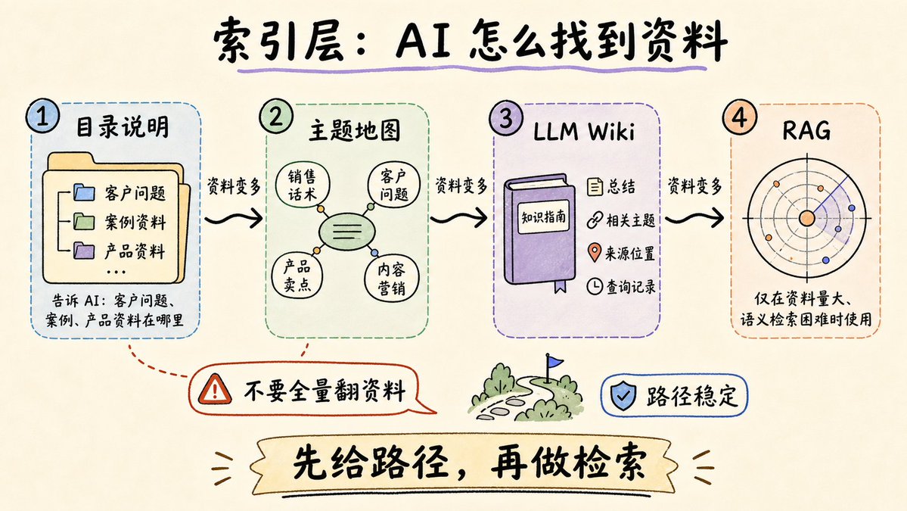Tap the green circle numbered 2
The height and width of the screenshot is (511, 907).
[x=276, y=117]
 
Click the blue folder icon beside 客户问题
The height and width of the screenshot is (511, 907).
[x=84, y=192]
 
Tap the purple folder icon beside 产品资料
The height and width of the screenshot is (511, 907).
[x=84, y=250]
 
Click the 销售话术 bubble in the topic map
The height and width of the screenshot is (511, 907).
[x=302, y=185]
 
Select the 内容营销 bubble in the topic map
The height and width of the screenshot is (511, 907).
[x=391, y=279]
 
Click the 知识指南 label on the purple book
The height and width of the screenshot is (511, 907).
[x=543, y=217]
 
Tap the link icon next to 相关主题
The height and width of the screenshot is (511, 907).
[x=595, y=220]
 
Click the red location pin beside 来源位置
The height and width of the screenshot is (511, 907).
[x=594, y=253]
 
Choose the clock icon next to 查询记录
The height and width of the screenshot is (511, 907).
[x=595, y=286]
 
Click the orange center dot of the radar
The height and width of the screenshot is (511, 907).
[x=806, y=219]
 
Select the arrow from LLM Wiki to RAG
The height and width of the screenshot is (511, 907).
[x=694, y=218]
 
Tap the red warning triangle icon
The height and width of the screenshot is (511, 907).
[x=215, y=389]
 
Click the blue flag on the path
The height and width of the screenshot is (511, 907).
[x=554, y=363]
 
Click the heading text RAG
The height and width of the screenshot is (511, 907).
[x=806, y=131]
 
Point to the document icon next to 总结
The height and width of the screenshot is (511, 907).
[x=595, y=186]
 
